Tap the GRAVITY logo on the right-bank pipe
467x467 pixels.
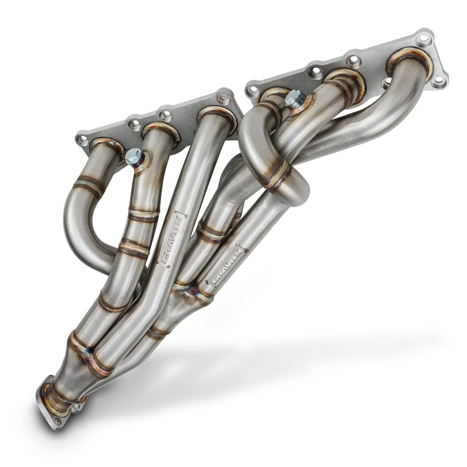click(227, 267)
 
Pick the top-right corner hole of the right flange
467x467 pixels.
click(424, 39)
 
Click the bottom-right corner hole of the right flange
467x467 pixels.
click(439, 81)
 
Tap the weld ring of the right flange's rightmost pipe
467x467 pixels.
click(409, 61)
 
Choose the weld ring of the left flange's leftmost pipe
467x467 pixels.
click(106, 144)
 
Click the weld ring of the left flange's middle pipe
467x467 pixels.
click(161, 131)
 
